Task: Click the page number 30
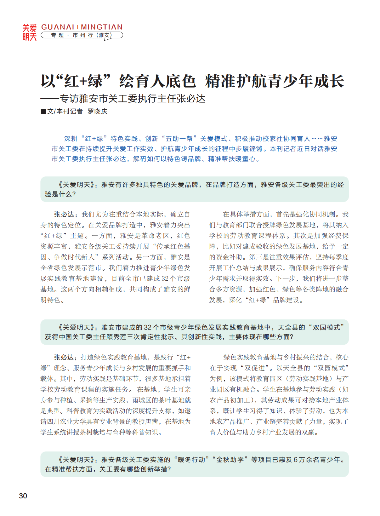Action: point(23,496)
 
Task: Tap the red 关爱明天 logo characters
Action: point(29,32)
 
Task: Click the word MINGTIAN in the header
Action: point(101,27)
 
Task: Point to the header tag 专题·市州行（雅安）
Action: point(82,35)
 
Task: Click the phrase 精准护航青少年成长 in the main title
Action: point(275,81)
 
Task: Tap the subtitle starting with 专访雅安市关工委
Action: point(132,99)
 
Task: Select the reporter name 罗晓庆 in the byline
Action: point(97,111)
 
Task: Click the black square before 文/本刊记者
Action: point(43,111)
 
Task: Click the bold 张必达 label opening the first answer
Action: point(64,215)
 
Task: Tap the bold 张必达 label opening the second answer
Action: point(64,357)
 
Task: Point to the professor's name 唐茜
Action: point(151,421)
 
